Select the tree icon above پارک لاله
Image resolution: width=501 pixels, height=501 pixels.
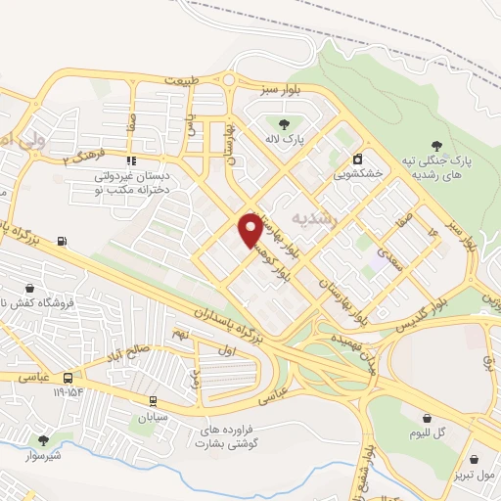point(285,123)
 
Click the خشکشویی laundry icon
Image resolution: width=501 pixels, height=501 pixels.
point(357,159)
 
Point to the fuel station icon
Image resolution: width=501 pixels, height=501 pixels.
point(64,241)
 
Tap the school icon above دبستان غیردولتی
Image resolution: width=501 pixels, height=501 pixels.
point(132,161)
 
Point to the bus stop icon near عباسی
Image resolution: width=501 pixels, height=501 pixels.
point(68,377)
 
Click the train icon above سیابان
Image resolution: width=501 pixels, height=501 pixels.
point(153,400)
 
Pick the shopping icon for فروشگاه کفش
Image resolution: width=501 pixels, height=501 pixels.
point(29,289)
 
